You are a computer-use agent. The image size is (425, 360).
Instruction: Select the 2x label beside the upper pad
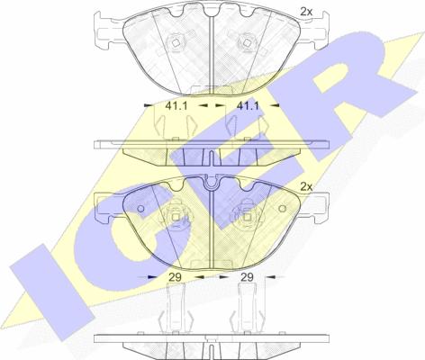click(307, 12)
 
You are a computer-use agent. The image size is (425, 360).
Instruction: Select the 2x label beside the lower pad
click(306, 186)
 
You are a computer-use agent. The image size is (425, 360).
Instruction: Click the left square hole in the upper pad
click(177, 45)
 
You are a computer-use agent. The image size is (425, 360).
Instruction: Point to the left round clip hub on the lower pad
click(176, 217)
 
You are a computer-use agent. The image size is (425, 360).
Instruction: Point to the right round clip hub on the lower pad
click(241, 217)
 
